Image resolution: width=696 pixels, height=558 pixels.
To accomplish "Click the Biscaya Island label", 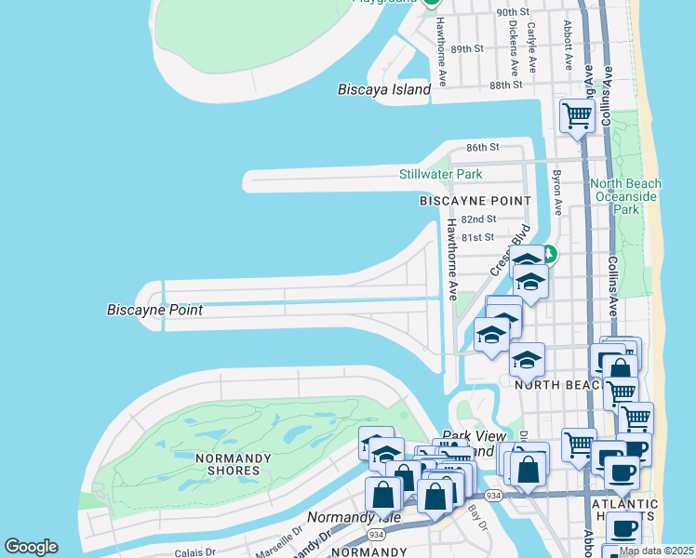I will click(x=384, y=90).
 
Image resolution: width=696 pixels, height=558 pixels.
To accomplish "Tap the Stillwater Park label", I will click(x=440, y=174).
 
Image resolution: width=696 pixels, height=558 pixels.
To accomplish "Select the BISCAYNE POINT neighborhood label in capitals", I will click(x=475, y=201).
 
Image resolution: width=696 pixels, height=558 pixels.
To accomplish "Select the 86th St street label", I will click(x=483, y=148).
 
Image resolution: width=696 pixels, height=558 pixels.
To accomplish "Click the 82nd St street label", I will click(x=479, y=219).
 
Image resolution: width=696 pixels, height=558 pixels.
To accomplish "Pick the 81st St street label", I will click(x=478, y=238).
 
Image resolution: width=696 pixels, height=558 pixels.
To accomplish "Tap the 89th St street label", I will click(x=467, y=48).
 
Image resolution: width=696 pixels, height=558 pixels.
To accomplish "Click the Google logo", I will click(x=31, y=547).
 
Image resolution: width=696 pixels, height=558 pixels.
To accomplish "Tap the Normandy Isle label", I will click(x=341, y=517).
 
